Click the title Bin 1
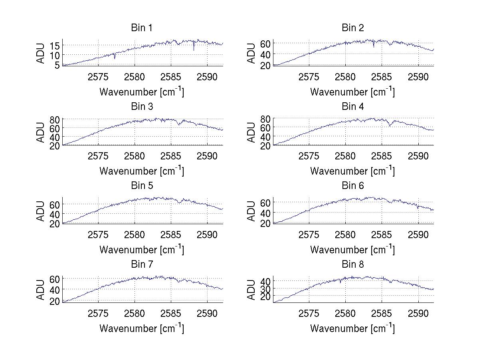tap(142, 28)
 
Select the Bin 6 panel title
tap(353, 186)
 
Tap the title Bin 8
tap(353, 265)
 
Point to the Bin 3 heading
tap(142, 107)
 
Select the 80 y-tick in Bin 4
tap(266, 119)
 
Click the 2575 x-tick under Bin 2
tap(309, 77)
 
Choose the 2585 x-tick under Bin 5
tap(171, 235)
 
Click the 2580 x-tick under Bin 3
tap(135, 155)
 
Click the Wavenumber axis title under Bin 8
tap(352, 328)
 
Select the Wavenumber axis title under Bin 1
tap(142, 92)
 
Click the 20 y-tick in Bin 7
tap(55, 300)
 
